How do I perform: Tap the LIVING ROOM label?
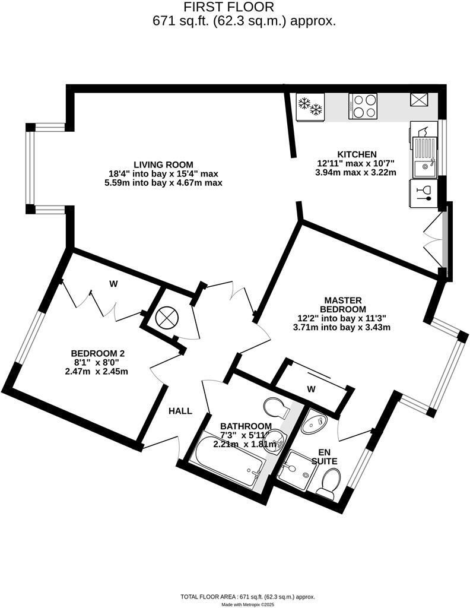tap(163, 164)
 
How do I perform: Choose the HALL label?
tap(180, 411)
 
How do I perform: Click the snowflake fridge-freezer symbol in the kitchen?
tap(310, 106)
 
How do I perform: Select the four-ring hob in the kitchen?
tap(364, 106)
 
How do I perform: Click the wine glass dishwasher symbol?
tap(424, 194)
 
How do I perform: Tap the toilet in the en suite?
tap(328, 482)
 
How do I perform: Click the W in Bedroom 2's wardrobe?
tap(113, 284)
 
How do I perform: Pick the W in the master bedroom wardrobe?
tap(311, 389)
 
